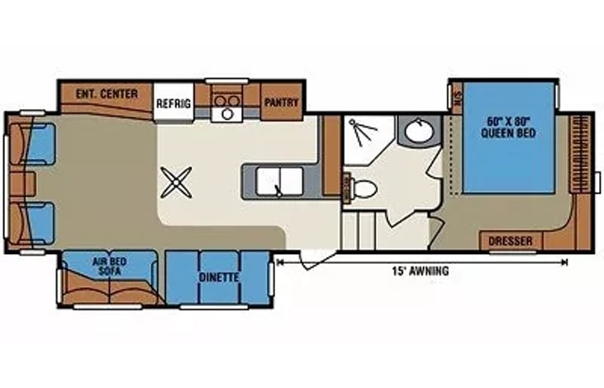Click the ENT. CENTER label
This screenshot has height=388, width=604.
[x=107, y=93]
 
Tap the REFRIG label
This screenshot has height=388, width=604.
[x=174, y=103]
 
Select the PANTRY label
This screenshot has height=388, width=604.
[x=281, y=103]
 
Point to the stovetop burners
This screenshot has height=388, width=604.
[x=226, y=103]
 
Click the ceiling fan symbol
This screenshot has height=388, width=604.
[x=176, y=182]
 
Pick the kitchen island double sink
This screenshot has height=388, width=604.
[x=278, y=180]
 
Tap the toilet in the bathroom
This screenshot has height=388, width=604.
[x=362, y=188]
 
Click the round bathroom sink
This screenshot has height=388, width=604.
[x=415, y=131]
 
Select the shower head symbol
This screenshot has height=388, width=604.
[x=358, y=126]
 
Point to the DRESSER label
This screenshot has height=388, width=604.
[x=510, y=242]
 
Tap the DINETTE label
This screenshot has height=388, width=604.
[x=218, y=278]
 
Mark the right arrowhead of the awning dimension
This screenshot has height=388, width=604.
[x=565, y=262]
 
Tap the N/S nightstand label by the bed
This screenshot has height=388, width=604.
[x=457, y=98]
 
